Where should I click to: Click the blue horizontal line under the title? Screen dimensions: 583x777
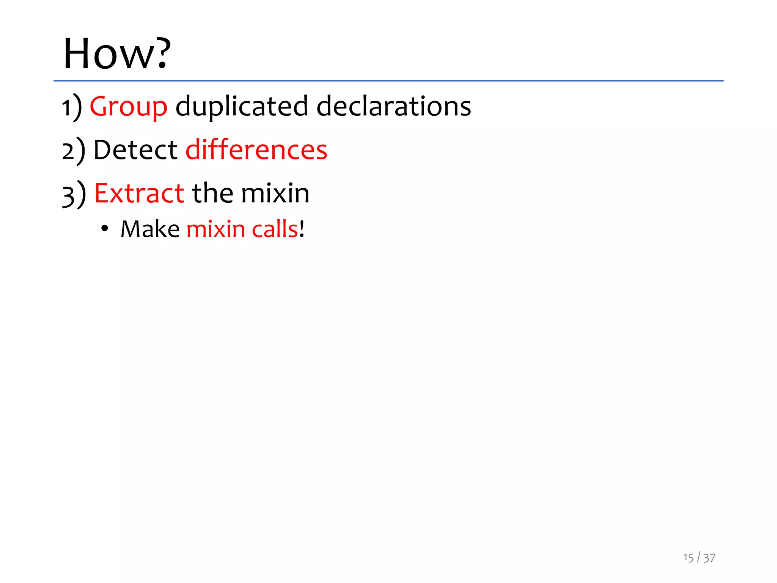(x=388, y=81)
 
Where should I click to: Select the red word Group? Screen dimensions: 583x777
(x=128, y=107)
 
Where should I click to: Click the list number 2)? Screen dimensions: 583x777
(x=74, y=151)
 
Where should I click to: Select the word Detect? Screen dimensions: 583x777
(x=135, y=150)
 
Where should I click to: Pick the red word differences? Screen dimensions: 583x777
(x=256, y=150)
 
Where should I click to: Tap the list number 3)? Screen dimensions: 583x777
(x=74, y=194)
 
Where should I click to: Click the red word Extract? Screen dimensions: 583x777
(x=139, y=193)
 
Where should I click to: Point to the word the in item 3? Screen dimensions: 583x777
(x=212, y=193)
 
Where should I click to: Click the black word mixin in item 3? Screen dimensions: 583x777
(x=275, y=193)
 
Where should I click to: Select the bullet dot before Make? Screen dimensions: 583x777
(x=105, y=229)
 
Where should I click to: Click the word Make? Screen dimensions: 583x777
(x=150, y=229)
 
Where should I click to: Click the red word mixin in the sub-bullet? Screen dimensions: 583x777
(x=215, y=229)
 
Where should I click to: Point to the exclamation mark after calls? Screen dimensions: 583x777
(x=302, y=229)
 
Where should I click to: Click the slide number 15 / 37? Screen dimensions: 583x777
(x=699, y=558)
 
